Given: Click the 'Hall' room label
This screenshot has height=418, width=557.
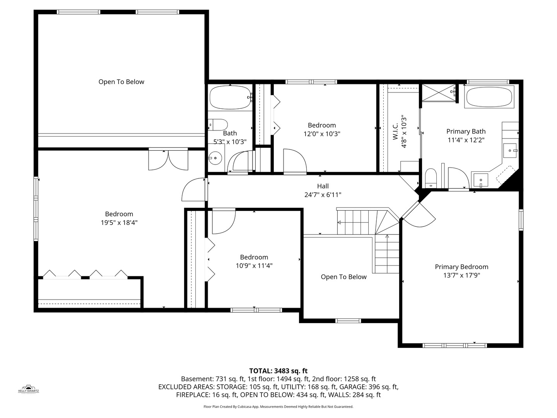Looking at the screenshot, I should pos(323,186).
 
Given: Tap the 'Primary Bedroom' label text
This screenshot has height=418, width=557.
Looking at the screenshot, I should pos(461,267).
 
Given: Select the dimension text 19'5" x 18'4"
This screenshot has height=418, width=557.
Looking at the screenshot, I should pos(119,223).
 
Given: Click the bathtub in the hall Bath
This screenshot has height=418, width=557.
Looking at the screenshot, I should pos(230,98).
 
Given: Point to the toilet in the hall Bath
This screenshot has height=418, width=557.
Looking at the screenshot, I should pos(218,125).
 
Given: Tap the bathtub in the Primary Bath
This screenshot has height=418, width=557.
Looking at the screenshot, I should pos(489,97).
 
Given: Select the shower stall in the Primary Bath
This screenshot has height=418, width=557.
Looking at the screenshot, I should pos(438,93).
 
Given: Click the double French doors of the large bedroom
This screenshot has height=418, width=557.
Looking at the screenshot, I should pos(168,159).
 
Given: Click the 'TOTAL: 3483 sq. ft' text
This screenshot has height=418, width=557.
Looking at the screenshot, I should pos(278,371).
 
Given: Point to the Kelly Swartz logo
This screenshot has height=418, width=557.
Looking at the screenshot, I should pos(29,389).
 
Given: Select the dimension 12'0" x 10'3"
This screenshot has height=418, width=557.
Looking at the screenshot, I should pos(322,134).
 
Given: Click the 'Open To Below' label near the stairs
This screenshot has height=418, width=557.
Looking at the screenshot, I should pos(343,277).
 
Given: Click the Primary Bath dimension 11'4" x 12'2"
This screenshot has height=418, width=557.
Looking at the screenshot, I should pos(466,140).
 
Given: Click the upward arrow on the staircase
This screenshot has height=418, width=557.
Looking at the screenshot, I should pos(387,236).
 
